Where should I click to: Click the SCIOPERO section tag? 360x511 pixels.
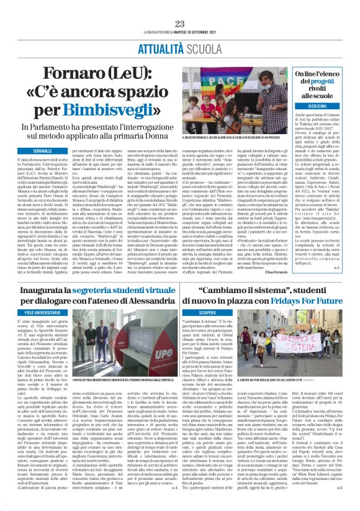coord(225,313)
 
